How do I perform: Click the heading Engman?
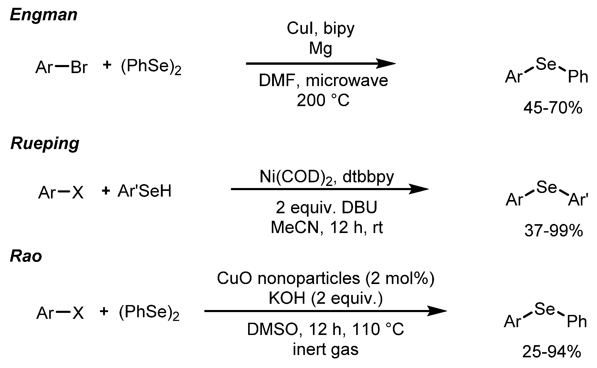pyautogui.click(x=43, y=15)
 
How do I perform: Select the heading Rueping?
pyautogui.click(x=45, y=144)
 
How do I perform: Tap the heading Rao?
pyautogui.click(x=26, y=256)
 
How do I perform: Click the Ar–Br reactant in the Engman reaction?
pyautogui.click(x=61, y=67)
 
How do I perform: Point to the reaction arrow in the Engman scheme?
pyautogui.click(x=320, y=63)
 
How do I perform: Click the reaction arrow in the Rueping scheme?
pyautogui.click(x=329, y=189)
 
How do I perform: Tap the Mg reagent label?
pyautogui.click(x=321, y=48)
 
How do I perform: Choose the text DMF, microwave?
pyautogui.click(x=323, y=81)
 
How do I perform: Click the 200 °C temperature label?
pyautogui.click(x=323, y=100)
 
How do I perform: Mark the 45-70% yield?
pyautogui.click(x=553, y=108)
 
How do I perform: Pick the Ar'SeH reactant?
pyautogui.click(x=144, y=191)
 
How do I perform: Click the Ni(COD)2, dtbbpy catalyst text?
pyautogui.click(x=327, y=177)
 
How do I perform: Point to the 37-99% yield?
pyautogui.click(x=553, y=231)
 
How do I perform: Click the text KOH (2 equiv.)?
pyautogui.click(x=326, y=298)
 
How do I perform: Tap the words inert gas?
pyautogui.click(x=325, y=349)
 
